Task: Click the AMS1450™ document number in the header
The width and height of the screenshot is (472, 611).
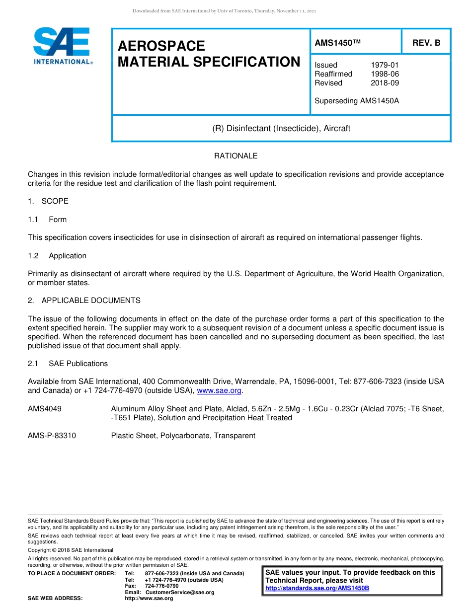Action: [337, 43]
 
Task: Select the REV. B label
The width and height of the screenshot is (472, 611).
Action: [426, 43]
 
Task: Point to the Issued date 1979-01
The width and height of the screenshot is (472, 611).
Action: [385, 65]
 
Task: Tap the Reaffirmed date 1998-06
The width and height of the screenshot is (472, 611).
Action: [385, 74]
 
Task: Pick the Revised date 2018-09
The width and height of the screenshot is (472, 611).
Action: [385, 83]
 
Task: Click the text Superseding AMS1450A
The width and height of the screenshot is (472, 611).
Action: [357, 101]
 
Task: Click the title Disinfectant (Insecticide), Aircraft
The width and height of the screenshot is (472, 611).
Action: [281, 128]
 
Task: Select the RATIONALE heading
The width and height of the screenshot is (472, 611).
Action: [236, 156]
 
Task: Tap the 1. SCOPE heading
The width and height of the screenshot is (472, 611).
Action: [48, 201]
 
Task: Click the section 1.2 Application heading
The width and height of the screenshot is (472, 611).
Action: [57, 256]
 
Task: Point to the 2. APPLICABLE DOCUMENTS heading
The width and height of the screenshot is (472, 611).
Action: [84, 301]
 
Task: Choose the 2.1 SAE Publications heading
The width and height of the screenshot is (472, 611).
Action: [68, 364]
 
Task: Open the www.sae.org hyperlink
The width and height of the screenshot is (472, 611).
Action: [219, 391]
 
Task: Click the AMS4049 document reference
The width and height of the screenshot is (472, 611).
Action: [45, 409]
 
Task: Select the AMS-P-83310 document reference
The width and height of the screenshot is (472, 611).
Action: [52, 436]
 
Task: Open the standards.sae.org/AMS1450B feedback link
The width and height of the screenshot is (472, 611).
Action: [317, 588]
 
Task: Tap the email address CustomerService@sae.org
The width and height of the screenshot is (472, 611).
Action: [180, 592]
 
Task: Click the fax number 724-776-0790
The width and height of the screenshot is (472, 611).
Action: [161, 586]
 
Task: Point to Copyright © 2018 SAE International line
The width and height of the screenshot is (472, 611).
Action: [71, 550]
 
